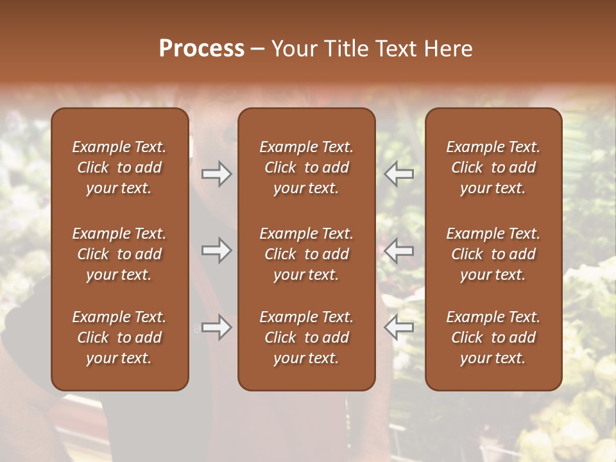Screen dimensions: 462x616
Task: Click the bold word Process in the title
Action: [x=201, y=49]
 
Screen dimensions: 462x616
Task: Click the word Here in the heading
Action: [x=447, y=49]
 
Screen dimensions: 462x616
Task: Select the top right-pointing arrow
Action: [x=216, y=174]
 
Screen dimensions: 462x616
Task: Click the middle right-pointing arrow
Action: [x=216, y=250]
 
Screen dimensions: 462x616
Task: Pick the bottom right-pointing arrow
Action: [x=216, y=327]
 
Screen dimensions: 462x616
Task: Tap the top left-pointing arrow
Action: [x=399, y=174]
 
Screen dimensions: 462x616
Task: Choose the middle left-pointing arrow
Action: [x=399, y=250]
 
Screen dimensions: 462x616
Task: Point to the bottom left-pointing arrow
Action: [x=399, y=327]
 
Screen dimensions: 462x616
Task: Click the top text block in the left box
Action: [x=119, y=167]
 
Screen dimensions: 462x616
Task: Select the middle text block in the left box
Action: [x=119, y=254]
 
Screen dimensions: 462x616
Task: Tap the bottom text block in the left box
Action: [x=119, y=338]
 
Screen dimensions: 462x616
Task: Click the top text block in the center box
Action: [x=307, y=167]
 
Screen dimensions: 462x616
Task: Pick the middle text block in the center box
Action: [x=307, y=254]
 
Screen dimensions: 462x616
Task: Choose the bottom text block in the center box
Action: [x=307, y=338]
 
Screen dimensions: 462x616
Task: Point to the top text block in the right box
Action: [x=493, y=167]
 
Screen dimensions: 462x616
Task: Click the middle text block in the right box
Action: [x=493, y=254]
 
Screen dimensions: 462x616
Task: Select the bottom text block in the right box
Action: [x=493, y=338]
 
